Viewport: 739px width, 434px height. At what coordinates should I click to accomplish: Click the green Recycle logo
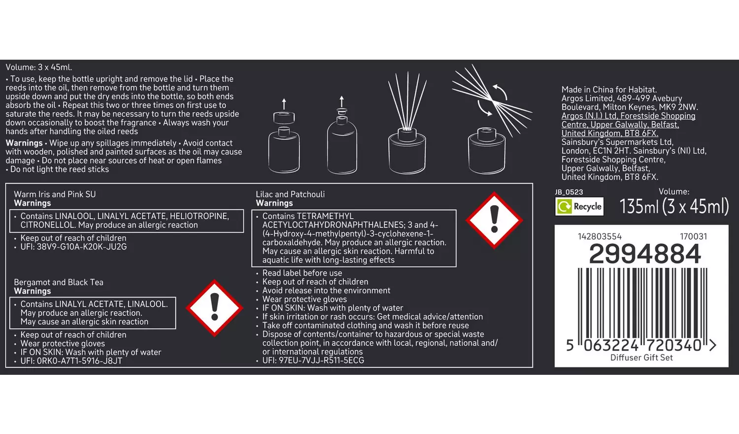coord(579,207)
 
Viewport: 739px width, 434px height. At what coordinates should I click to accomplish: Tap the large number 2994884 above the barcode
coord(644,253)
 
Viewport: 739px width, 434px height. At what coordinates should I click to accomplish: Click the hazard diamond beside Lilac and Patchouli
coord(494,220)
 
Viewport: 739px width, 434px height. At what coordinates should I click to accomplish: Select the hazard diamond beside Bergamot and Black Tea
coord(214,308)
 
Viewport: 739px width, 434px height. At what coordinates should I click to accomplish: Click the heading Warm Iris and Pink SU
coord(55,194)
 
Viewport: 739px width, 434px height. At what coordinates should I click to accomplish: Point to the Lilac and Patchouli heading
coord(290,194)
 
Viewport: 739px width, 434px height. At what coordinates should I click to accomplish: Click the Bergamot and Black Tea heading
coord(59,283)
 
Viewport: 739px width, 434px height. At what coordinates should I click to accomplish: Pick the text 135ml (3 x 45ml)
coord(674,207)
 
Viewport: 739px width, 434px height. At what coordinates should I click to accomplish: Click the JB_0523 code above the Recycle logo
coord(569,192)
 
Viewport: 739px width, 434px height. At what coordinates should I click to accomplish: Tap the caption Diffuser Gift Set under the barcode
coord(641,358)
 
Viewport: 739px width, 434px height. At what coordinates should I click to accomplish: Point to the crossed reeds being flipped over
coord(492,101)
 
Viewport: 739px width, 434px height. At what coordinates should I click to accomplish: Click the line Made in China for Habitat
coord(609,89)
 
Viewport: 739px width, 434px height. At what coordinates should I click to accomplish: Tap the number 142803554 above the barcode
coord(600,237)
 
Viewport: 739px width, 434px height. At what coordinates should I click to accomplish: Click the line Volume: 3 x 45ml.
coord(38,68)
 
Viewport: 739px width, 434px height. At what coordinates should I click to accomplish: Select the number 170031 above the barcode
coord(694,237)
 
